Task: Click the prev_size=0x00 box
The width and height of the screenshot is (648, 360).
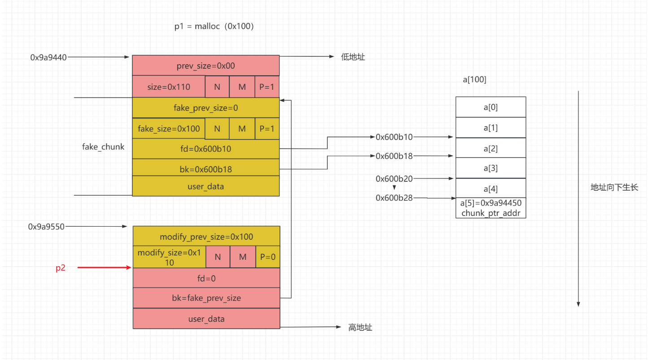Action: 206,66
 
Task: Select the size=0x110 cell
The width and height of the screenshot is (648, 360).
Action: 169,87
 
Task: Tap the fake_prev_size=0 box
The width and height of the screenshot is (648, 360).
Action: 206,108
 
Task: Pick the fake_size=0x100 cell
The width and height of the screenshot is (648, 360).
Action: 169,129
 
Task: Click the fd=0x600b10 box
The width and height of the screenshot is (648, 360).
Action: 206,149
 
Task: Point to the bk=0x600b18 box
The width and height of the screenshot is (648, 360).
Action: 206,169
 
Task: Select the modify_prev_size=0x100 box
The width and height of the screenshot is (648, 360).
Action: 206,237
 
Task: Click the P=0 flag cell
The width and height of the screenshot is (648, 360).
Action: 268,257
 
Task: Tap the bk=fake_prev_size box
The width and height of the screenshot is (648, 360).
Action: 206,298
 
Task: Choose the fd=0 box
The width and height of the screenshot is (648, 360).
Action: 206,278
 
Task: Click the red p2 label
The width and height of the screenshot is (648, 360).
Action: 61,268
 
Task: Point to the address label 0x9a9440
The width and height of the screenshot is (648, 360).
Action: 48,57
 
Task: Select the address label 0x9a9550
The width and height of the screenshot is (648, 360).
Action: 46,227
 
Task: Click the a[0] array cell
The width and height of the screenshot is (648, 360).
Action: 490,107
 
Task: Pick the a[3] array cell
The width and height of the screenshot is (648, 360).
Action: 490,168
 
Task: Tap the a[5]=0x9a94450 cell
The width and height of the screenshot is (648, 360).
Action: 490,208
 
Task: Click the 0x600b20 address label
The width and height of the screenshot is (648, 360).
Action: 394,179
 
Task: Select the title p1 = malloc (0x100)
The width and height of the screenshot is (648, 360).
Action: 215,26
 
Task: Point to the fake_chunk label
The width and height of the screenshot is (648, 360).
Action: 103,147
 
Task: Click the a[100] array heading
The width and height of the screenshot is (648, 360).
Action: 475,80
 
